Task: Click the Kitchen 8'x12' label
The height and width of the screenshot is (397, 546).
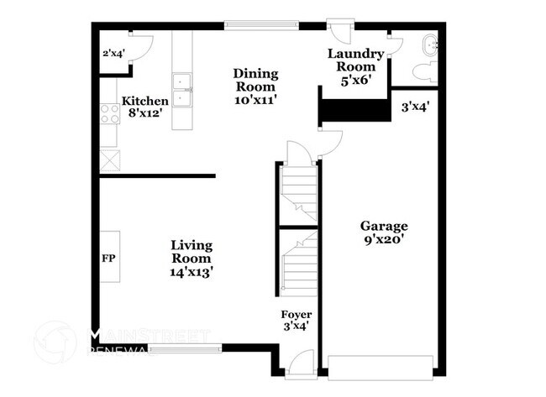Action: [145, 107]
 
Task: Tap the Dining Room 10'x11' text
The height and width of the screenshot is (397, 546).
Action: [255, 86]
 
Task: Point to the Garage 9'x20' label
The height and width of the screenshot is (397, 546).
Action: [384, 232]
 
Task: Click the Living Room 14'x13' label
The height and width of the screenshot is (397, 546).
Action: [192, 259]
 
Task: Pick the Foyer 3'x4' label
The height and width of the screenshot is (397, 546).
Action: [296, 320]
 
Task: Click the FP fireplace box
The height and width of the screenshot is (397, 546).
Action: [109, 258]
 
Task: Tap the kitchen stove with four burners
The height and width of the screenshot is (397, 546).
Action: [109, 113]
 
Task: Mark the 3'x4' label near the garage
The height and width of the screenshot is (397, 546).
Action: [414, 107]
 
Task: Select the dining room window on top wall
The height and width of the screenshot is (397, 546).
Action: [260, 26]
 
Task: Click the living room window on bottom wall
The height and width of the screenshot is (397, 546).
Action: [186, 347]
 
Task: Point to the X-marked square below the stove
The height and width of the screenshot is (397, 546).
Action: [109, 159]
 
